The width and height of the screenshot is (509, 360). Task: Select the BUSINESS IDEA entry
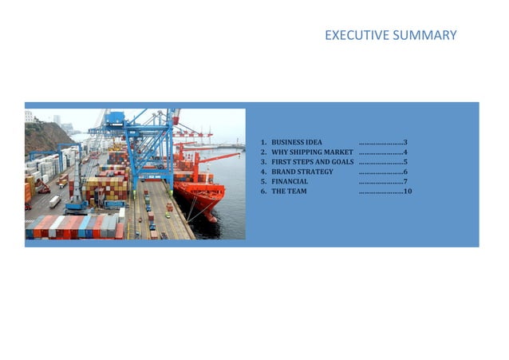[x=297, y=142]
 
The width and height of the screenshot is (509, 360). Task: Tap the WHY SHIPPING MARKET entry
[x=312, y=152]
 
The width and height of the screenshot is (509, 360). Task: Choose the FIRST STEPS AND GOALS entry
[x=313, y=162]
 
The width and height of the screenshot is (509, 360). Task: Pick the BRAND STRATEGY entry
[x=302, y=172]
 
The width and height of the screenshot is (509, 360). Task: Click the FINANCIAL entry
[x=290, y=182]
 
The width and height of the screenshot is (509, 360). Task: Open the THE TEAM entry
[x=289, y=192]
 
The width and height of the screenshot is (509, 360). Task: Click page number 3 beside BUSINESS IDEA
[x=406, y=142]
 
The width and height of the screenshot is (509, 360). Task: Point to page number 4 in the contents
[x=406, y=152]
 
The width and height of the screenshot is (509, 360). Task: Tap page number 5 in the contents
[x=406, y=162]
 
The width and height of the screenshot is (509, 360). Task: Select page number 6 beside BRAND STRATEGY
[x=406, y=172]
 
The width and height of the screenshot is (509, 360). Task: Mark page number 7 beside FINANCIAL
[x=406, y=182]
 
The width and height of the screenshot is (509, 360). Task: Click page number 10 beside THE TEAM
[x=408, y=192]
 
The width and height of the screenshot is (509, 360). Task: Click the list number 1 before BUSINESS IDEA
[x=262, y=142]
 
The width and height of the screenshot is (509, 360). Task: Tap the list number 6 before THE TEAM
[x=262, y=192]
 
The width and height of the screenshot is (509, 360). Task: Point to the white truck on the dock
[x=54, y=200]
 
